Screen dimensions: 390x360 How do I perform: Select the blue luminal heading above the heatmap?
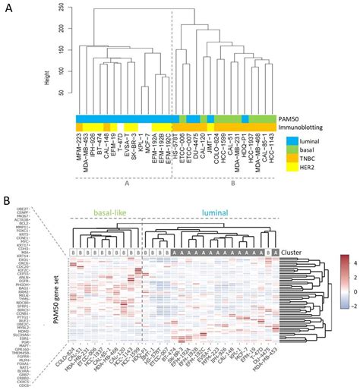[207, 215]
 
